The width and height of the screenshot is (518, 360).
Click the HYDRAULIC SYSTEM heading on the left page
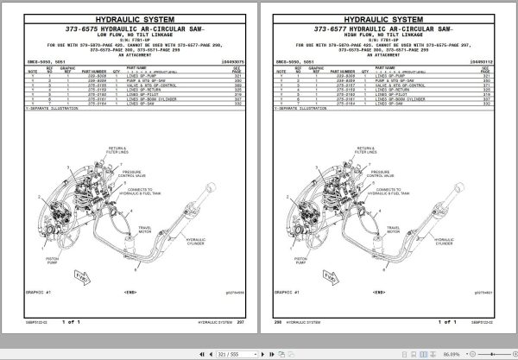[x=129, y=16]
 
